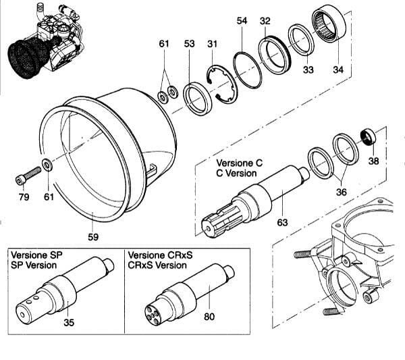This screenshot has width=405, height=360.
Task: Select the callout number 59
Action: click(93, 236)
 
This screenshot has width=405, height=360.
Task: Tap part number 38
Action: click(373, 162)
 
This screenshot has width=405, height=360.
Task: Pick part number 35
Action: click(69, 322)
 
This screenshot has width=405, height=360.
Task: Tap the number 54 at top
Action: click(242, 22)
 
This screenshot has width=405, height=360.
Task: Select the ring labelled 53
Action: click(197, 98)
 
